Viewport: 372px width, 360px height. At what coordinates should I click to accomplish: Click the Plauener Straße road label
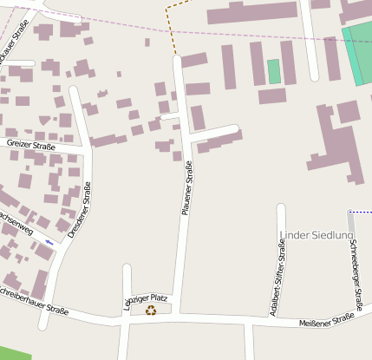[186, 188]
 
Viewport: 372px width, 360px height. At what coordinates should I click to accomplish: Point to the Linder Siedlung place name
[317, 235]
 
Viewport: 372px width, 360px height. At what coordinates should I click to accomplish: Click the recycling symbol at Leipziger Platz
[151, 310]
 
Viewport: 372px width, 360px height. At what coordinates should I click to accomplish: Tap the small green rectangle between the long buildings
[274, 71]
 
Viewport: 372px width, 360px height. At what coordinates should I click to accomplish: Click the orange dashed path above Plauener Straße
[173, 30]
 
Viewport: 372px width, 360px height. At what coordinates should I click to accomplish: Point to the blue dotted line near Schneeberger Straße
[360, 212]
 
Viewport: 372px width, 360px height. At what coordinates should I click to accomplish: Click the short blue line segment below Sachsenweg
[49, 242]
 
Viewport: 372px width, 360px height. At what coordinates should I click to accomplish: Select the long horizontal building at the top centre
[251, 12]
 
